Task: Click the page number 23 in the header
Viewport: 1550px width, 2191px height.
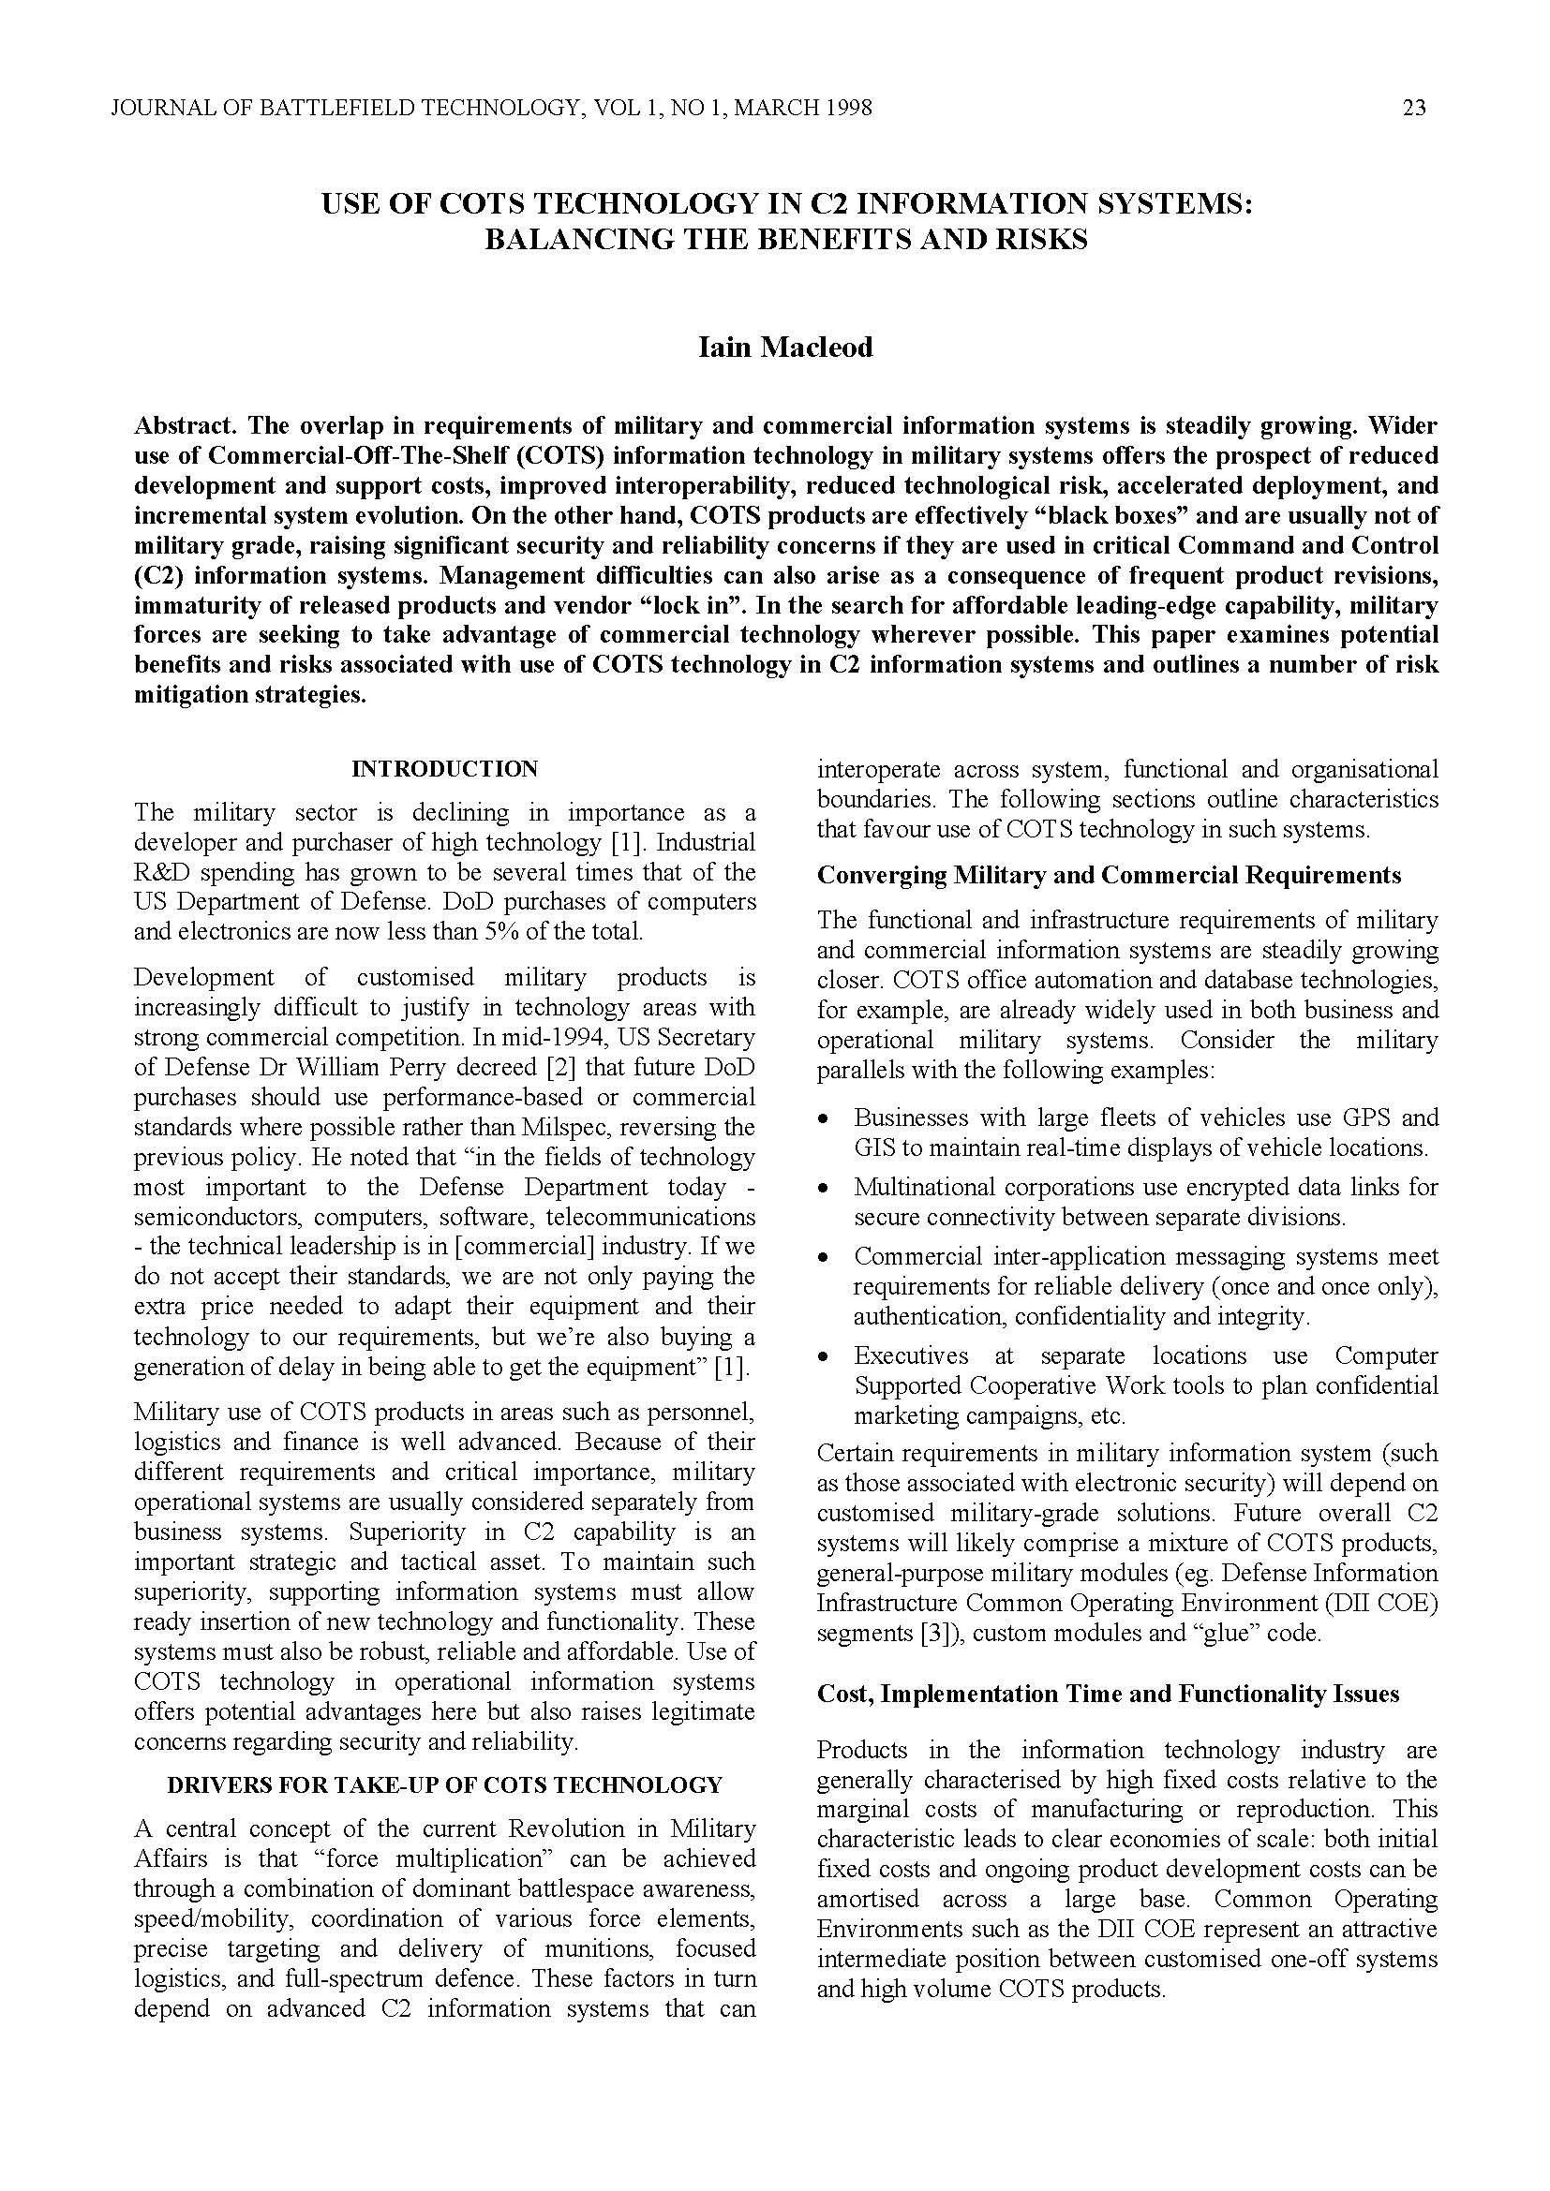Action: [x=1413, y=108]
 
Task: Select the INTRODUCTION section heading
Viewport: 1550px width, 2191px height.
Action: [x=445, y=768]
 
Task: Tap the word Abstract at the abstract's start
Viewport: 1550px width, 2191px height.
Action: [x=172, y=424]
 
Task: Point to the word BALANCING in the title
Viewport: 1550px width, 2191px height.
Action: [x=575, y=240]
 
